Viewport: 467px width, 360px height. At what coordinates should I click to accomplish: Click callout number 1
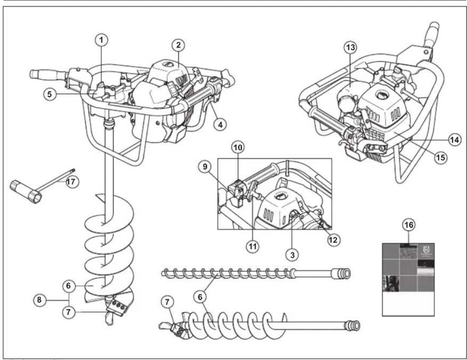point(102,40)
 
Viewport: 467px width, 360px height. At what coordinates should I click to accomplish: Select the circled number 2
point(178,45)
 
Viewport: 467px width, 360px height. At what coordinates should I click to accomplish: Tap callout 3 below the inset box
point(293,254)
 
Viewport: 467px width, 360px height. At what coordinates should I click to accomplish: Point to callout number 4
point(220,124)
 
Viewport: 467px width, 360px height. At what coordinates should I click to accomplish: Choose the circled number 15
point(441,158)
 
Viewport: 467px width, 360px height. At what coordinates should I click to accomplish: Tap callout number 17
point(72,182)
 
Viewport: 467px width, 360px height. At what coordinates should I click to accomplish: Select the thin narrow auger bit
point(241,274)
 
